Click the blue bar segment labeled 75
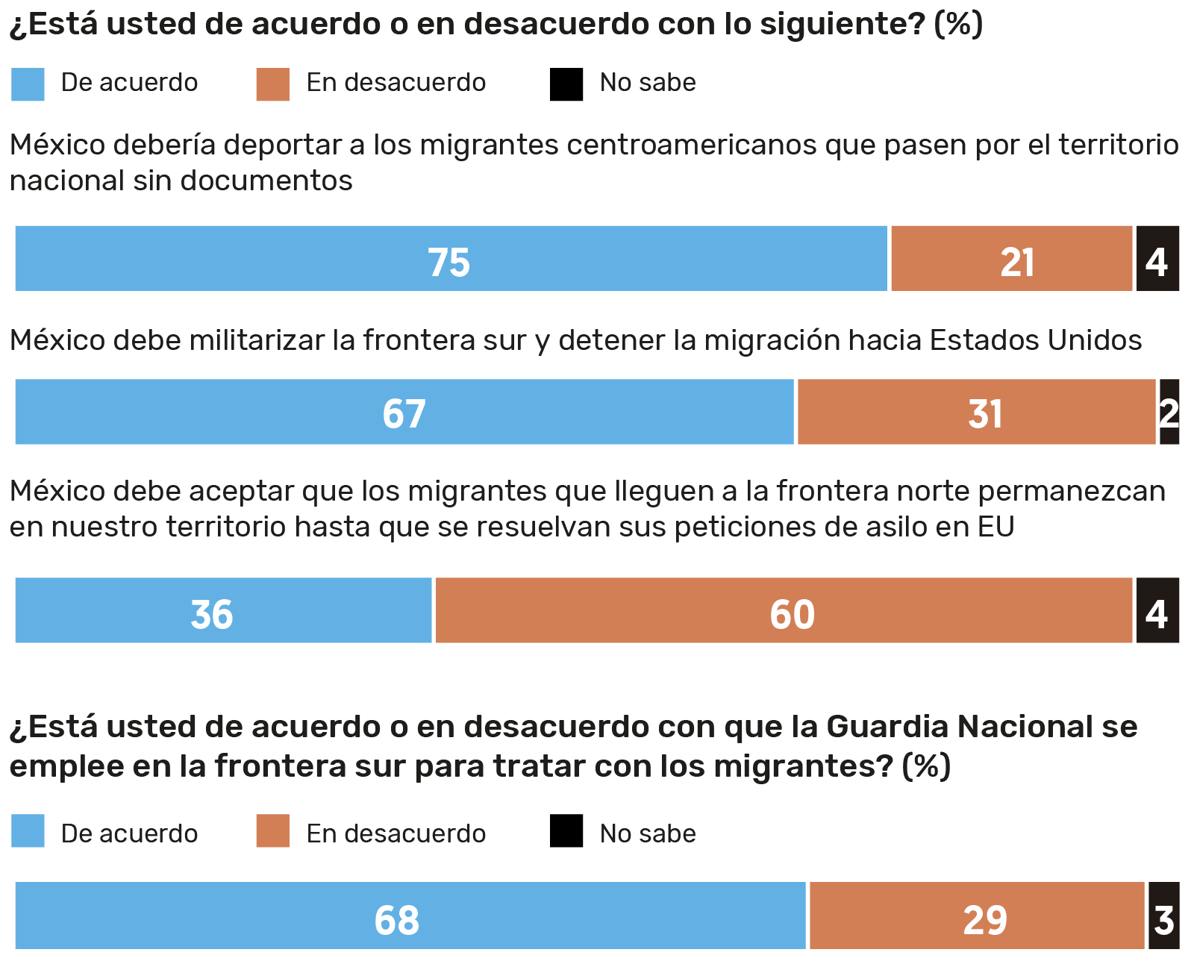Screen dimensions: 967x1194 coord(451,259)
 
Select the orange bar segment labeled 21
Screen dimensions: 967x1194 coord(1012,259)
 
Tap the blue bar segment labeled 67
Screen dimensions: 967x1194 coord(404,412)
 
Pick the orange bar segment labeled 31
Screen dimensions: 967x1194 coord(976,412)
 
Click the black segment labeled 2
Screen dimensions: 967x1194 coord(1169,412)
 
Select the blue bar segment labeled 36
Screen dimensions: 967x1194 coord(223,610)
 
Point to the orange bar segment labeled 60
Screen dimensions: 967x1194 coord(784,610)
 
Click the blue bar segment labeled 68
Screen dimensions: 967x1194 coord(410,916)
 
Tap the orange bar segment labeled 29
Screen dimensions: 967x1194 coord(977,916)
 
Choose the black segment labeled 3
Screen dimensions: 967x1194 coord(1164,916)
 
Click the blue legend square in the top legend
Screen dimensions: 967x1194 coord(28,84)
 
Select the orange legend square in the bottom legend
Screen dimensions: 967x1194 coord(273,831)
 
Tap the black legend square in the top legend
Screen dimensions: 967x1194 coord(566,84)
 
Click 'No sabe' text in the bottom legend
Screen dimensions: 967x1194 coord(648,833)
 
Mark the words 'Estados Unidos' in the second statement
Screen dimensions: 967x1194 coord(1036,341)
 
